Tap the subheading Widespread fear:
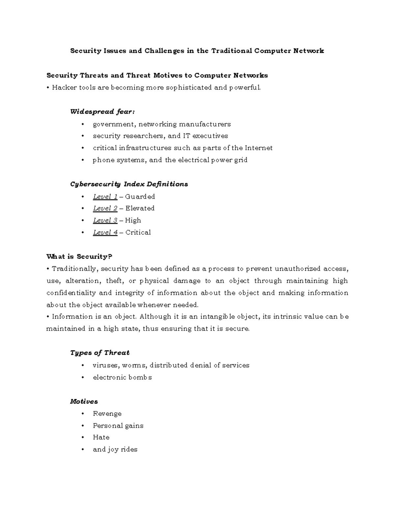102,112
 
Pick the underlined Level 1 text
105,197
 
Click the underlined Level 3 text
105,220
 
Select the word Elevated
140,209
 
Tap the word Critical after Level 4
138,233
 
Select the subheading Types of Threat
100,353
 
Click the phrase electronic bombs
122,377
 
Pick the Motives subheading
84,402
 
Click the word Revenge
107,414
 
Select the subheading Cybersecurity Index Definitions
129,184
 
